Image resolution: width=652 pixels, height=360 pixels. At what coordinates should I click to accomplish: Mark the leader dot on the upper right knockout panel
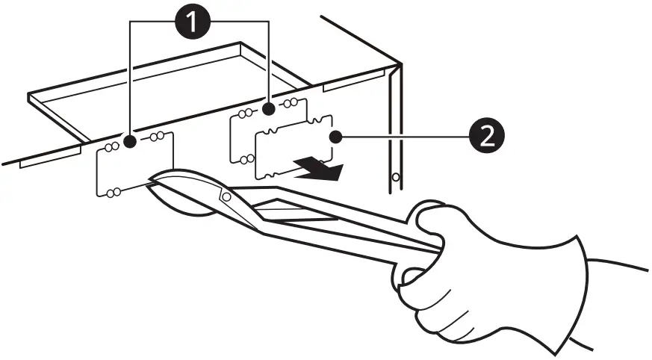point(267,110)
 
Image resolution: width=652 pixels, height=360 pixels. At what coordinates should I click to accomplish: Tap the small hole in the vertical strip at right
point(396,177)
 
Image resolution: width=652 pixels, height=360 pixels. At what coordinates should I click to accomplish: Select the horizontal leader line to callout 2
point(403,137)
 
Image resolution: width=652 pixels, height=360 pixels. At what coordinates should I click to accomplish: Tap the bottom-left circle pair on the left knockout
point(113,193)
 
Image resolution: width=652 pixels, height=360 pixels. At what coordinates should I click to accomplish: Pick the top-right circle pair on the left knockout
point(158,137)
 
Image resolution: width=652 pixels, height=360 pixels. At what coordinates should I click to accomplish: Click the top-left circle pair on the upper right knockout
point(243,114)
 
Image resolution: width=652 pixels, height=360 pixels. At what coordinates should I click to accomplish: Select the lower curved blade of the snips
point(179,205)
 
